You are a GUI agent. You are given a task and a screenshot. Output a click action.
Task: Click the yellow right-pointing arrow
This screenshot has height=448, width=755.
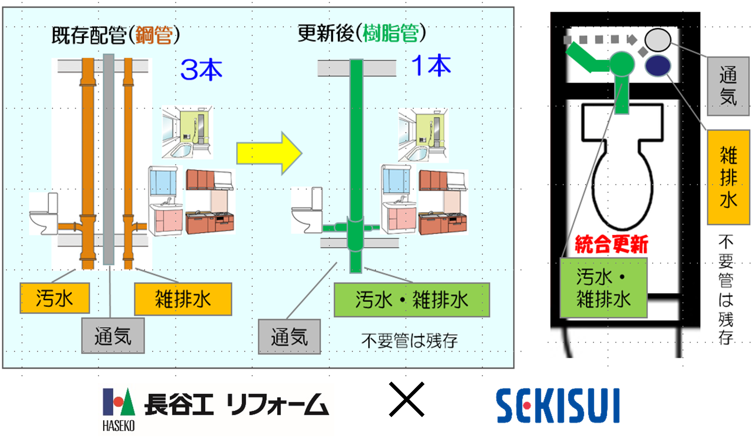pyautogui.click(x=269, y=154)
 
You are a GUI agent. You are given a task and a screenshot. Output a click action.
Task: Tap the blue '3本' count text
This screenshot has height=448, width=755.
pyautogui.click(x=201, y=70)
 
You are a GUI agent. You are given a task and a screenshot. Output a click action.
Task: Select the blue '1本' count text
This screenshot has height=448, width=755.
pyautogui.click(x=431, y=66)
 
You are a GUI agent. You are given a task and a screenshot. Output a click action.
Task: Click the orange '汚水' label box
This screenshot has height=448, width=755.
pyautogui.click(x=55, y=298)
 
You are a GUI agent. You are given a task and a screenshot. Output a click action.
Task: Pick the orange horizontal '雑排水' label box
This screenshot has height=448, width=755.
pyautogui.click(x=183, y=299)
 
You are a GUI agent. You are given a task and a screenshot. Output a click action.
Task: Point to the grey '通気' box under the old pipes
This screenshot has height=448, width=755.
pyautogui.click(x=113, y=336)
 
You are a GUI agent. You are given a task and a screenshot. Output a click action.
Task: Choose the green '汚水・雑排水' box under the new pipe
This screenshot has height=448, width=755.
pyautogui.click(x=411, y=300)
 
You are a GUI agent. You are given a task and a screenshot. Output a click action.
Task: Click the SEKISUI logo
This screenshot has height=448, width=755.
pyautogui.click(x=558, y=406)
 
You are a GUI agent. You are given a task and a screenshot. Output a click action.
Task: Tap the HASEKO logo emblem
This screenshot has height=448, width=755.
pyautogui.click(x=118, y=402)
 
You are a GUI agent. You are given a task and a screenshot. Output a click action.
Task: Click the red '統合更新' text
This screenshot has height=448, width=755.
pyautogui.click(x=611, y=244)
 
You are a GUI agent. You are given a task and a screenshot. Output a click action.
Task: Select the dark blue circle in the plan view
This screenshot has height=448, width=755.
pyautogui.click(x=658, y=66)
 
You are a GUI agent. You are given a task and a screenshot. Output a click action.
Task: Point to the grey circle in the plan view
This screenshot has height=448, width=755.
pyautogui.click(x=658, y=40)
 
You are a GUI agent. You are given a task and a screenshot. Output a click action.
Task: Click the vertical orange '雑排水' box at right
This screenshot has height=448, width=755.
pyautogui.click(x=728, y=177)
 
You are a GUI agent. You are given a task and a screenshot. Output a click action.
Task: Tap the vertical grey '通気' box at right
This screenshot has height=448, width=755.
pyautogui.click(x=728, y=86)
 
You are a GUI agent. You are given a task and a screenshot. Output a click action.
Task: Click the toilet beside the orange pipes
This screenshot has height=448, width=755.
pyautogui.click(x=43, y=214)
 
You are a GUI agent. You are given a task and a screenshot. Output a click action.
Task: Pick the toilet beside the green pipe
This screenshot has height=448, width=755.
pyautogui.click(x=307, y=211)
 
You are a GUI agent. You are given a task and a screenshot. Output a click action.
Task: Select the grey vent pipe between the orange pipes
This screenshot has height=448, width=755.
pyautogui.click(x=109, y=157)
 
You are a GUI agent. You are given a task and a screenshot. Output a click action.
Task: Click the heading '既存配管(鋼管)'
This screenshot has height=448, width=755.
pyautogui.click(x=116, y=35)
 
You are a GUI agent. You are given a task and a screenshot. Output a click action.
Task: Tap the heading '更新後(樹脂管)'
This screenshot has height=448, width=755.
pyautogui.click(x=361, y=33)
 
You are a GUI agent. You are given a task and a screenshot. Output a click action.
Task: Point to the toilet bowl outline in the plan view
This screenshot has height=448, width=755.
pyautogui.click(x=622, y=185)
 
